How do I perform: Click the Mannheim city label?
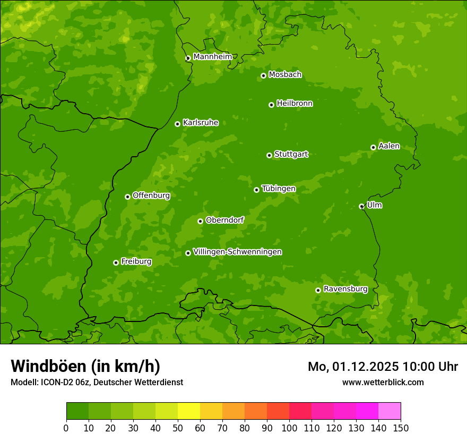click(212, 56)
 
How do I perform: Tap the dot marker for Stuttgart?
click(269, 155)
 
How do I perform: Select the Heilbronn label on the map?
click(295, 103)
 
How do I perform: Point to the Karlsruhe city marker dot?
click(177, 124)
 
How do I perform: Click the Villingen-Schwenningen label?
click(237, 251)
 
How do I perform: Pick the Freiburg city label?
click(136, 261)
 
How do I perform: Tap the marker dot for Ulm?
click(361, 206)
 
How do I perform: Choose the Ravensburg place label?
click(345, 289)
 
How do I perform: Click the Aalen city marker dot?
click(373, 147)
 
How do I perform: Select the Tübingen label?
click(279, 188)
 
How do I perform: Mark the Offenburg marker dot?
click(127, 197)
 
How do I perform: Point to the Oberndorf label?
click(224, 219)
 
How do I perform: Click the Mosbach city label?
click(285, 74)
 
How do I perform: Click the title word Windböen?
click(48, 366)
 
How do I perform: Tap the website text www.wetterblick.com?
click(383, 382)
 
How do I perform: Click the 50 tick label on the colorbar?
click(178, 428)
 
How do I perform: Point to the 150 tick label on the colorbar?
click(400, 428)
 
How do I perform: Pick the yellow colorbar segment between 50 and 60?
click(189, 411)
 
